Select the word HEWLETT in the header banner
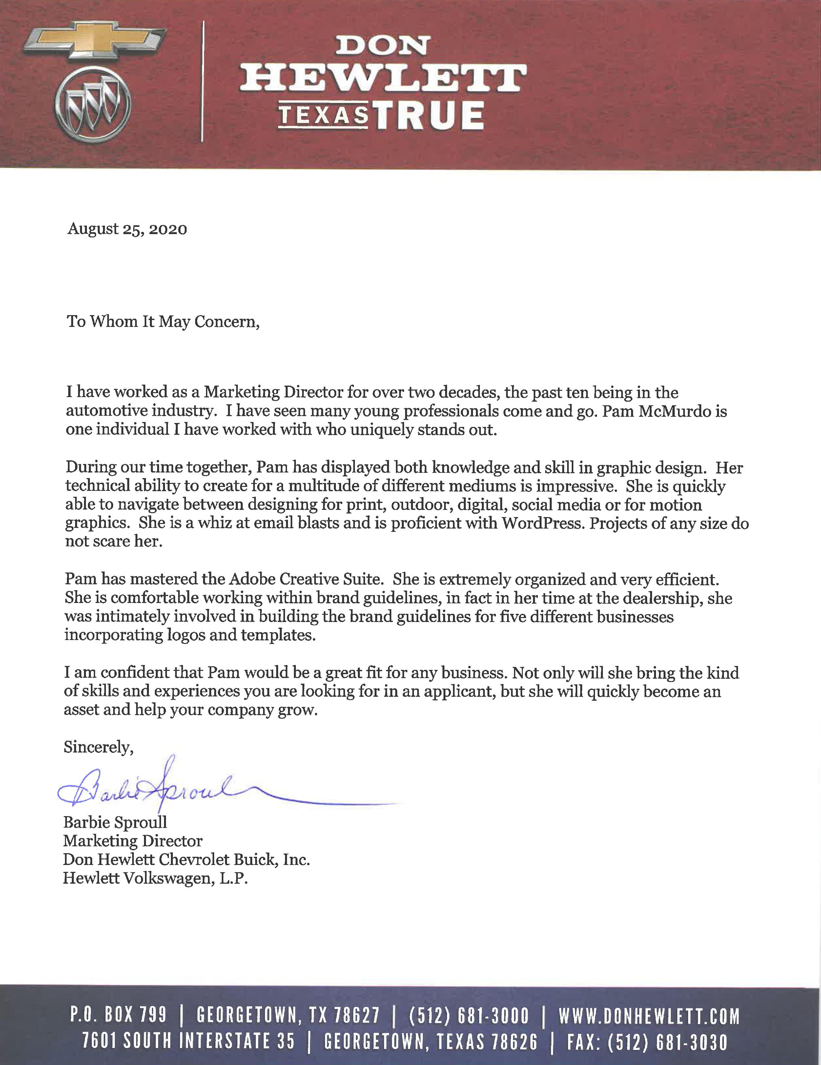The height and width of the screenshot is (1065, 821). [x=383, y=78]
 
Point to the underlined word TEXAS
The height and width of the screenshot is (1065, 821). [x=323, y=115]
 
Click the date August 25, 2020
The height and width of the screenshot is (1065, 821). [x=127, y=229]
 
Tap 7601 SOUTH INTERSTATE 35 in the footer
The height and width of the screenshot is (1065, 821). [x=188, y=1042]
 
